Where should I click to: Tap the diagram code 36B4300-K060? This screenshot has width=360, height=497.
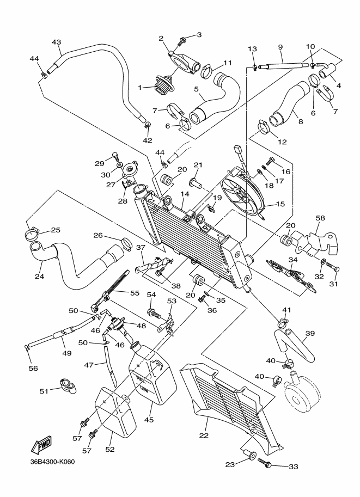(x=53, y=462)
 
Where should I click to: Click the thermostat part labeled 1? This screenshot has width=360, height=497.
(x=161, y=86)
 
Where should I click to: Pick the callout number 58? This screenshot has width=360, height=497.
(x=320, y=218)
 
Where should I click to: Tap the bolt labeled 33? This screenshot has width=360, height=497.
(x=265, y=463)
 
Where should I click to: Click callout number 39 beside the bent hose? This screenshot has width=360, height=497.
(x=310, y=333)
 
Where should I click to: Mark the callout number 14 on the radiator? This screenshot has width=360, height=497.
(x=185, y=193)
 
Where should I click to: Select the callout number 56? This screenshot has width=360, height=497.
(x=33, y=368)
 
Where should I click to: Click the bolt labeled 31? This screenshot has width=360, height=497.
(x=334, y=268)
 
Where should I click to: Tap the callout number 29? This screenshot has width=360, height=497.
(x=99, y=163)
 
